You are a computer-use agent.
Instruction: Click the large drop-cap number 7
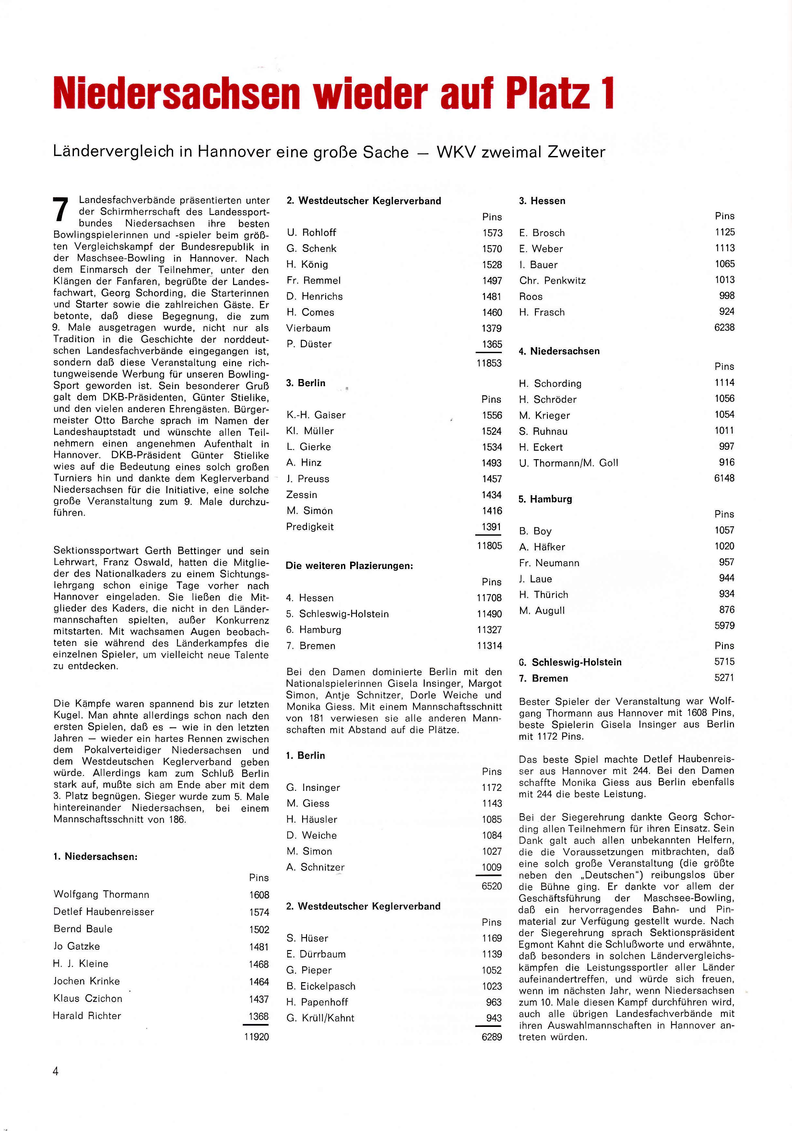click(61, 210)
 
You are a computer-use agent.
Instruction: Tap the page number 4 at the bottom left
click(56, 1071)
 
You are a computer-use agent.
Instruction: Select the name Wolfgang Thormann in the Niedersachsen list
click(101, 894)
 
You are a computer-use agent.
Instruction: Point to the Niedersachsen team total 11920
click(257, 1036)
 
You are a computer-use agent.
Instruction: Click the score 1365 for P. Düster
click(492, 344)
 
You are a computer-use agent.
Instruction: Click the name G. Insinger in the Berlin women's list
click(313, 787)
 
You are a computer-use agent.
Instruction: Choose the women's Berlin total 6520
click(491, 886)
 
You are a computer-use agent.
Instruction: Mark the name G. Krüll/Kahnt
click(320, 1018)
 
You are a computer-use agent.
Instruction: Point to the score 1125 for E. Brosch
click(725, 232)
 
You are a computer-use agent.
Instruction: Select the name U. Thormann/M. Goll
click(568, 462)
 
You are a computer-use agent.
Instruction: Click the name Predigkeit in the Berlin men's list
click(310, 527)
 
